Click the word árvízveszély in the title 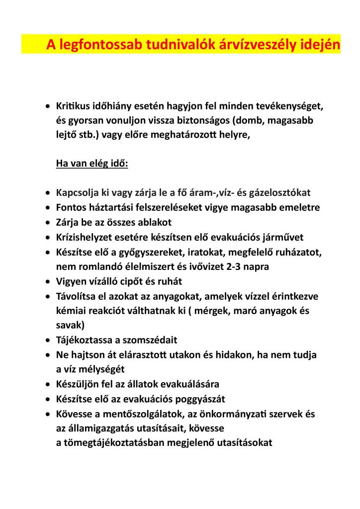tap(259, 45)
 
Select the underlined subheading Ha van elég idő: tap(92, 164)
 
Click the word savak tap(70, 326)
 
